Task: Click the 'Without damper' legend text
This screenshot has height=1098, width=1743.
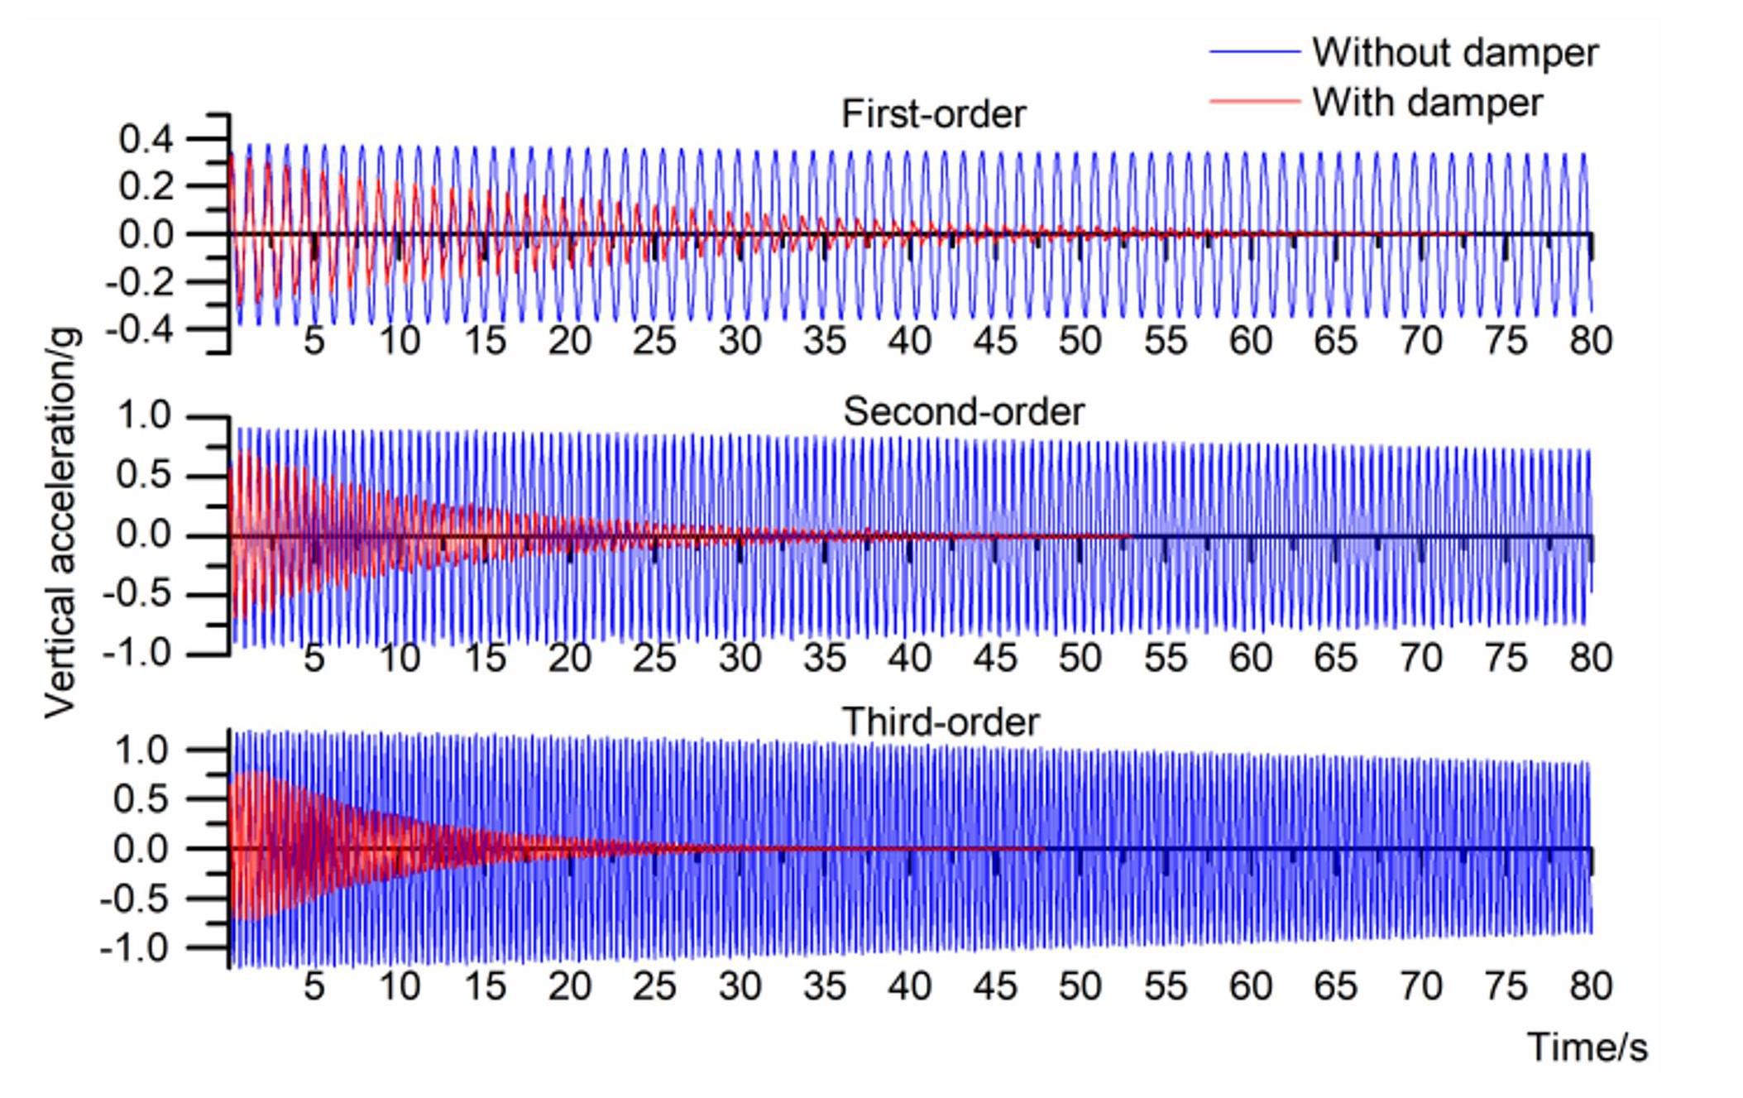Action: coord(1454,53)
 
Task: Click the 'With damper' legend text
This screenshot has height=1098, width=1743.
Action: coord(1427,103)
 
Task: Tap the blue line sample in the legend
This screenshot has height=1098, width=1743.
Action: coord(1254,52)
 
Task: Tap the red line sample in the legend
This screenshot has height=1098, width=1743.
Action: coord(1254,102)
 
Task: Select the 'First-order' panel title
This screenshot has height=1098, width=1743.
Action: coord(933,114)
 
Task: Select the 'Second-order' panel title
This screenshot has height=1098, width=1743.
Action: coord(963,412)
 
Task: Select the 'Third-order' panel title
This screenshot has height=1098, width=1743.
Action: coord(941,722)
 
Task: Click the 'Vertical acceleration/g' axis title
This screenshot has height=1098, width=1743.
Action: coord(63,523)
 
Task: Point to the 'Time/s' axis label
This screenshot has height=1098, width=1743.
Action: coord(1587,1048)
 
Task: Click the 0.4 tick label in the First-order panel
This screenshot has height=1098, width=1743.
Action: coord(146,139)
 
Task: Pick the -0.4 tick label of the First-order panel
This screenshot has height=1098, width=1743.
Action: coord(139,330)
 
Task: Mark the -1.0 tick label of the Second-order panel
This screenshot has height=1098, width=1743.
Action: coord(136,654)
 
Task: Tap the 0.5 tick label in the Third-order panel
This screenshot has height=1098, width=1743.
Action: coord(141,799)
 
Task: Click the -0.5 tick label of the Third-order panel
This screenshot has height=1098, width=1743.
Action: coord(135,899)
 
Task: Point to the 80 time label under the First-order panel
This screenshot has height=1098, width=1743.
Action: coord(1591,341)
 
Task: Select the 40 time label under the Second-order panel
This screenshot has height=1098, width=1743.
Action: coord(910,659)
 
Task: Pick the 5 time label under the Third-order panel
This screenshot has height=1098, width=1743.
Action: coord(314,986)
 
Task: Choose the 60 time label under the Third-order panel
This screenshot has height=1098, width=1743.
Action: coord(1250,986)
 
